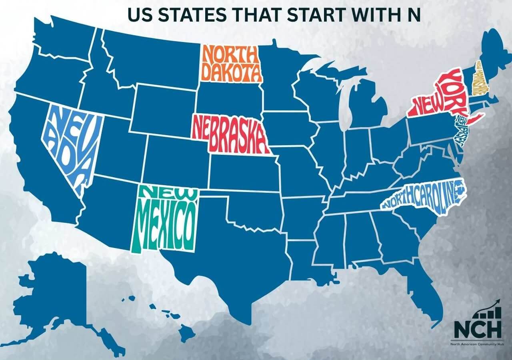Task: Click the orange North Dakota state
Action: click(x=231, y=63)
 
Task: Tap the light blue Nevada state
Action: click(x=72, y=144)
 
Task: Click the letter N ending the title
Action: click(x=415, y=14)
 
